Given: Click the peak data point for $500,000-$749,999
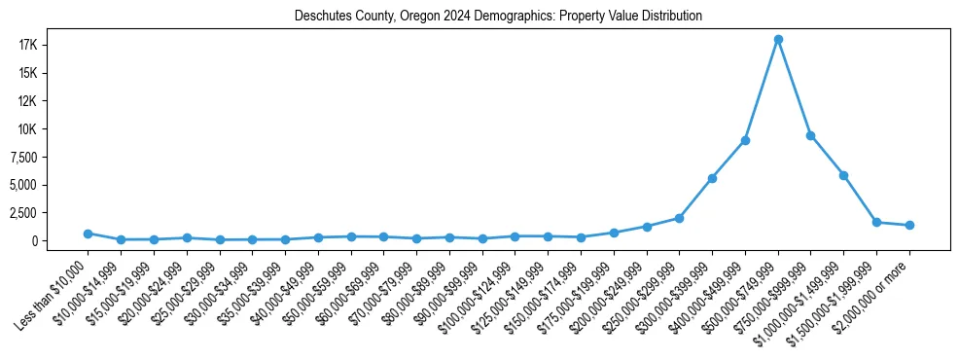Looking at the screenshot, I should point(778,40).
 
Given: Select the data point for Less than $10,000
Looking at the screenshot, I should point(88,234).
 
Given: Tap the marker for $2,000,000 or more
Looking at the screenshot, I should point(909,225).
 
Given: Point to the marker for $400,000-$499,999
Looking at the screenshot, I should point(745,140).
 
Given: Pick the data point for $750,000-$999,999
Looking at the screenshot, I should point(810,135).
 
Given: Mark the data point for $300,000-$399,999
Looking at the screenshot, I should point(712,178).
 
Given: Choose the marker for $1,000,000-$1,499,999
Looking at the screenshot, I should point(843,175).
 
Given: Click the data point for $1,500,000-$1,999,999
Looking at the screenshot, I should point(876,222).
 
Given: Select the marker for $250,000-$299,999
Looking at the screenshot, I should point(679,218).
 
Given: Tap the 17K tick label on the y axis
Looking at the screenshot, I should point(54,46).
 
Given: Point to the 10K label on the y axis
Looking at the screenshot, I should point(54,129).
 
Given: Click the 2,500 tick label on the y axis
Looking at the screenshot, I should point(48,213).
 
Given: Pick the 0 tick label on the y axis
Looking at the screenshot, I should point(60,241).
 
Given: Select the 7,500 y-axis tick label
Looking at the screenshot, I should point(48,158).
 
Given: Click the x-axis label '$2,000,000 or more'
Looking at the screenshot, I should point(871,292).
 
